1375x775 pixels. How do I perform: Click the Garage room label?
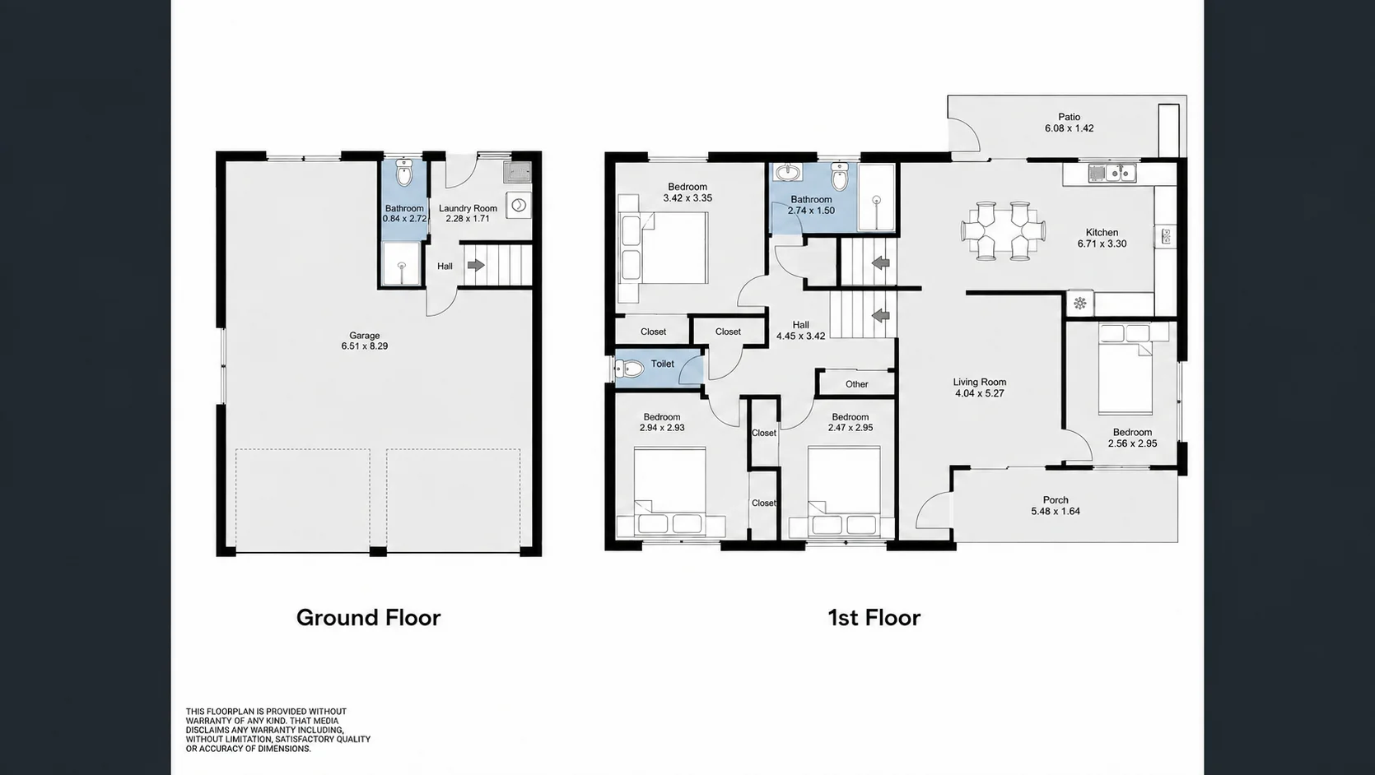[x=365, y=336]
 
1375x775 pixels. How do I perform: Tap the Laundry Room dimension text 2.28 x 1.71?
[x=468, y=218]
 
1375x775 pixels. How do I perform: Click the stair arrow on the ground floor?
[x=476, y=266]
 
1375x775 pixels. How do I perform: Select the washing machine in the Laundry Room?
[x=519, y=205]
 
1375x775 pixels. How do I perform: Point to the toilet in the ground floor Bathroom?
[x=404, y=173]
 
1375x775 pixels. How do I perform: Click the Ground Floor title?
[x=368, y=617]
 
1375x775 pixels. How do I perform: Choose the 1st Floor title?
[x=874, y=617]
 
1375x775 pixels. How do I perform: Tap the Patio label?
[x=1070, y=117]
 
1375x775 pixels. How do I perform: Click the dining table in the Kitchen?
[x=1003, y=231]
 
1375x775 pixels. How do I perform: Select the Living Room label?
[x=980, y=382]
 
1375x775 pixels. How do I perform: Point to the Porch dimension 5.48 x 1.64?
[x=1056, y=512]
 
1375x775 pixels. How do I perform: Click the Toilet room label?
[x=662, y=364]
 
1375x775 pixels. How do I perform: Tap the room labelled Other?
[x=857, y=384]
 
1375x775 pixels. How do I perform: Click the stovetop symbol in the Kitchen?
[x=1080, y=303]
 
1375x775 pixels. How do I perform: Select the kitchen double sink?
[x=1112, y=173]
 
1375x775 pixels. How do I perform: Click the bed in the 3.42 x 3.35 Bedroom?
[x=663, y=248]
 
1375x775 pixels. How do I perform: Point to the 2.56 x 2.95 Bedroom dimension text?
[x=1133, y=443]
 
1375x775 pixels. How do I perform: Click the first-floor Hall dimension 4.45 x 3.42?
[x=800, y=336]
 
